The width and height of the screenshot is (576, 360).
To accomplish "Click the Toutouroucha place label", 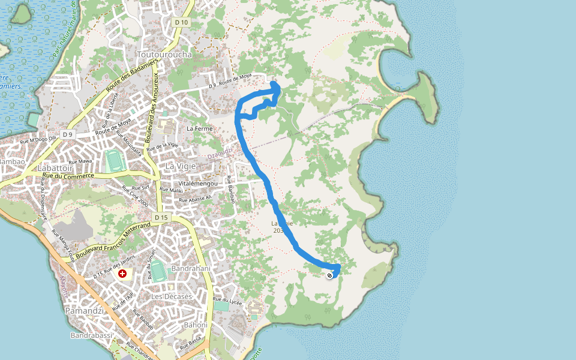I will coord(164,55).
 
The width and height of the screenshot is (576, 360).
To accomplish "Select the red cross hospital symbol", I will coord(122,274).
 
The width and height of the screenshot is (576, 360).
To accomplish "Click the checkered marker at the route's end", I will coord(330,275).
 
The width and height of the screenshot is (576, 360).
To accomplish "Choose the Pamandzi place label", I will coord(85,311).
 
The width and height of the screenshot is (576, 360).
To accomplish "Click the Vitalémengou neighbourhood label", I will coord(197,183).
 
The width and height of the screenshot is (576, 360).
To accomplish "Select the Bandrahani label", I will coord(191,268).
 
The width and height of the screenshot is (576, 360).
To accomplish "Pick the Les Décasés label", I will coord(171,296).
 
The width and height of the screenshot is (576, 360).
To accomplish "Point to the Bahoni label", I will coord(196,325).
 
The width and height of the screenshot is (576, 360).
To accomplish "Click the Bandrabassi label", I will coord(91,335).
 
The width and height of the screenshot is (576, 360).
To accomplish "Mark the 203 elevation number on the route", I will coord(277,230).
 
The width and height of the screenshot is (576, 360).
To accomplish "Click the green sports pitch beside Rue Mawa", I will coord(113,160).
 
